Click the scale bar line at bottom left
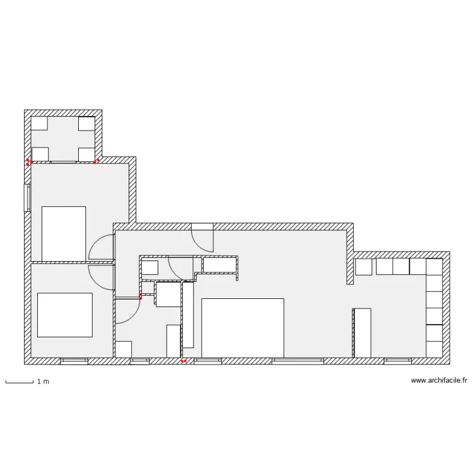click(x=19, y=382)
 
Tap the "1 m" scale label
click(x=43, y=382)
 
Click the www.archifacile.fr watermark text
click(x=439, y=380)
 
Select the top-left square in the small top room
click(x=40, y=123)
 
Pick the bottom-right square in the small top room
click(x=86, y=155)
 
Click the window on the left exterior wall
click(x=27, y=197)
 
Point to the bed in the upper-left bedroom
click(x=63, y=233)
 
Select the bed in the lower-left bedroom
click(x=64, y=315)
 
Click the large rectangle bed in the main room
click(x=242, y=328)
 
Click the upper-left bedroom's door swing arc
click(x=101, y=250)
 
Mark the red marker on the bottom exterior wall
click(x=184, y=361)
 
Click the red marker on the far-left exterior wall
click(x=28, y=162)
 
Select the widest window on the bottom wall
click(x=298, y=361)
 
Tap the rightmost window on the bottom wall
click(x=397, y=361)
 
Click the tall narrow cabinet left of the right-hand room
click(x=362, y=332)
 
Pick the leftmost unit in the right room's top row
click(x=363, y=267)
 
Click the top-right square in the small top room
click(x=86, y=123)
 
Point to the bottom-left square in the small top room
click(x=40, y=155)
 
